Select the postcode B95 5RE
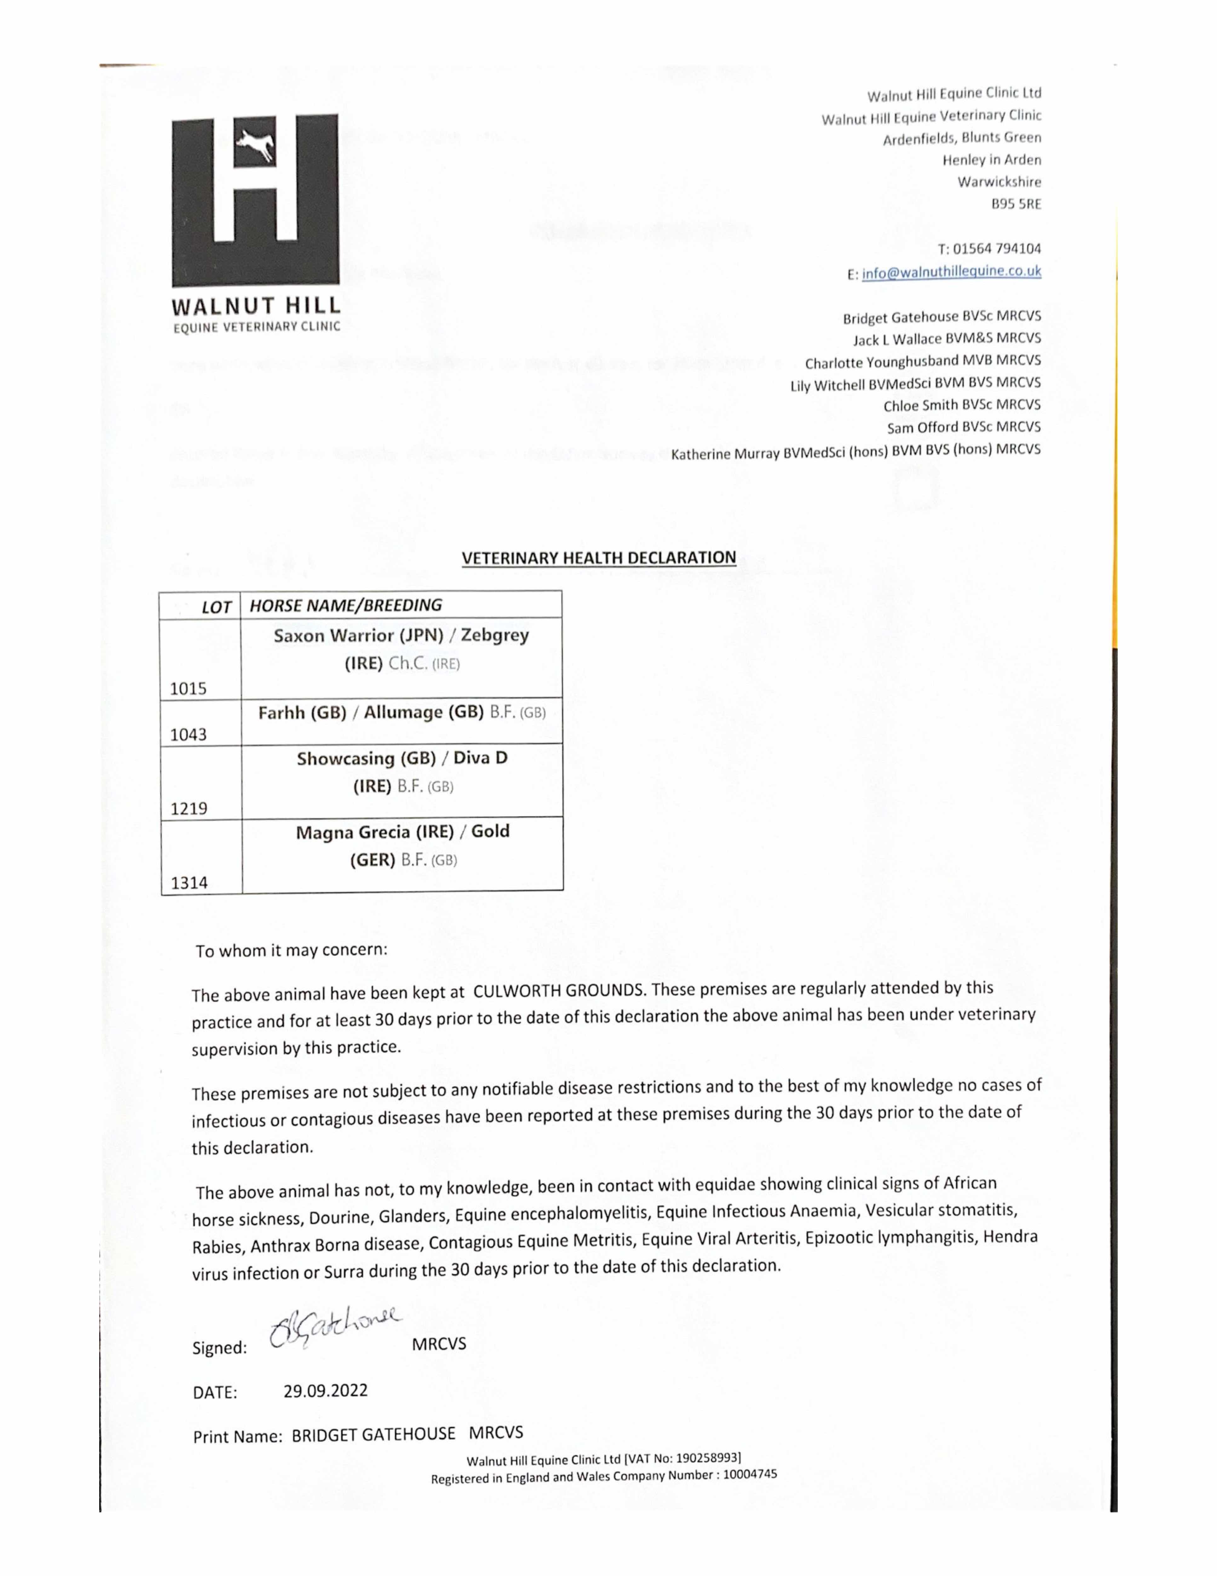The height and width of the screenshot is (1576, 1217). [1016, 204]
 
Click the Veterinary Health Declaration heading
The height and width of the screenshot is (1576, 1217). [599, 558]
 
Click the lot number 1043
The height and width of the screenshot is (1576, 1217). [188, 735]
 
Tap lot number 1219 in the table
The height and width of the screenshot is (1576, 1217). [189, 808]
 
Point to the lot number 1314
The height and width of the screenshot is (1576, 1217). [189, 883]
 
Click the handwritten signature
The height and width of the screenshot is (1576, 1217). [333, 1326]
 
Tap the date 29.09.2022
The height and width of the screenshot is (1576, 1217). [325, 1391]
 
